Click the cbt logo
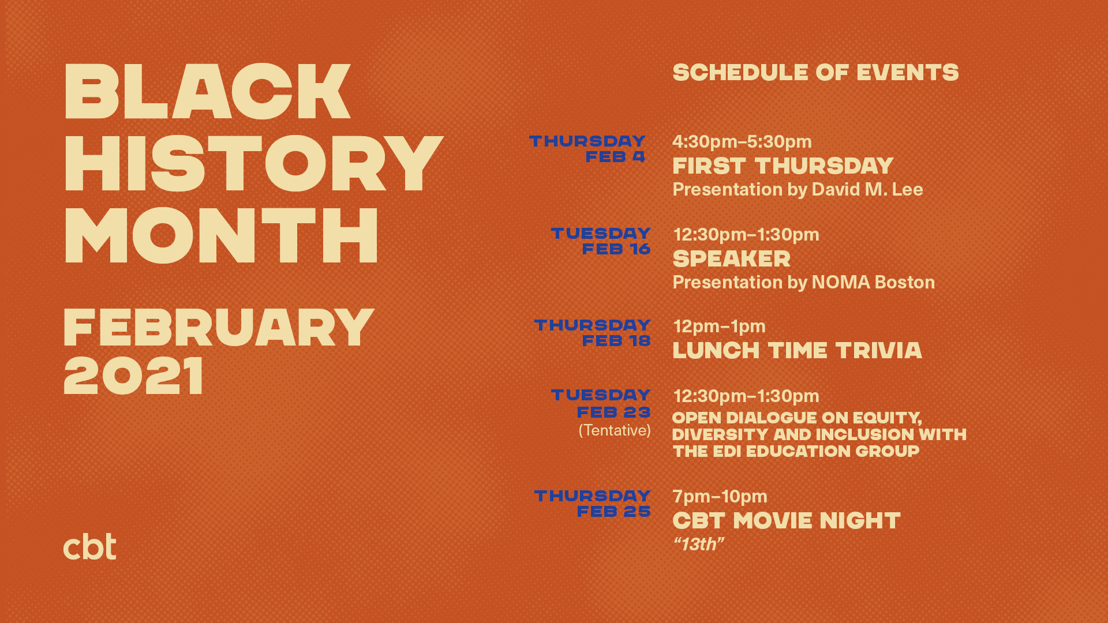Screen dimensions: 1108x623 [89, 546]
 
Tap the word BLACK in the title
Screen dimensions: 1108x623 [207, 91]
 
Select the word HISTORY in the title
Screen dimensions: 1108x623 [253, 163]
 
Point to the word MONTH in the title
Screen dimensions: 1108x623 [221, 235]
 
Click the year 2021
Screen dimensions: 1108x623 [133, 376]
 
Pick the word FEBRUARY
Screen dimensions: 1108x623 [219, 327]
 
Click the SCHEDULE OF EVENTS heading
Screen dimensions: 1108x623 [815, 73]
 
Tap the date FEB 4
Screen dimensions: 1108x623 [615, 157]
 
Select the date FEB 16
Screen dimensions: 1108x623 [616, 249]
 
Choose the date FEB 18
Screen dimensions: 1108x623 [616, 341]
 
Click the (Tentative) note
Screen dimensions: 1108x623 [615, 430]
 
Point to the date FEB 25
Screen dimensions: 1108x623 [614, 512]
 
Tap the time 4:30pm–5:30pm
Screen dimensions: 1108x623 [742, 141]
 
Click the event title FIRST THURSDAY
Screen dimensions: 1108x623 [783, 166]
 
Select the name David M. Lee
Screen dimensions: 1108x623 [867, 189]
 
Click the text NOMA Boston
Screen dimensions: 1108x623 [873, 282]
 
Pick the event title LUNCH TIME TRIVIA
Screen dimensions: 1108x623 [798, 351]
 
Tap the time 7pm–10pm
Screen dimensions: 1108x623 [720, 496]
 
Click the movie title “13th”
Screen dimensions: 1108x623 [698, 544]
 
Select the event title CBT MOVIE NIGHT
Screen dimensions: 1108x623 [787, 521]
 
